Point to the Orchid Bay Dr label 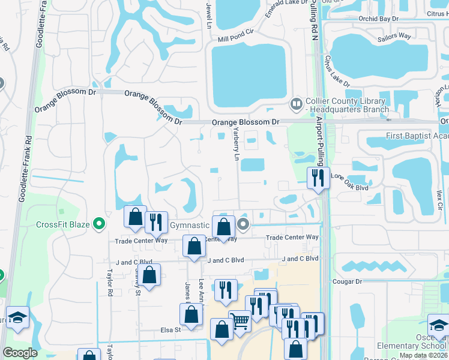(x=378, y=19)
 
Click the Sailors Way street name (x=394, y=37)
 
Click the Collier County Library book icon (x=295, y=104)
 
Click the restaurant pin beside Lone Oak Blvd (x=317, y=178)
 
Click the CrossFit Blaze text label (x=63, y=225)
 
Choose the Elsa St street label (x=169, y=329)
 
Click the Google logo (x=20, y=353)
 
